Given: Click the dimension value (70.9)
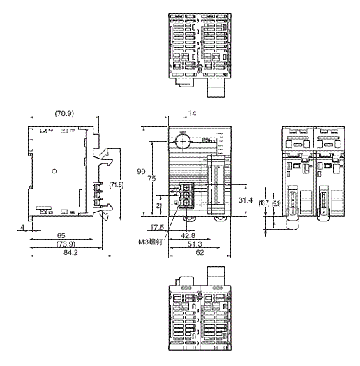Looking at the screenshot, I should tap(67, 113).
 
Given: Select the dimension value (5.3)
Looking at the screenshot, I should tap(277, 203).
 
